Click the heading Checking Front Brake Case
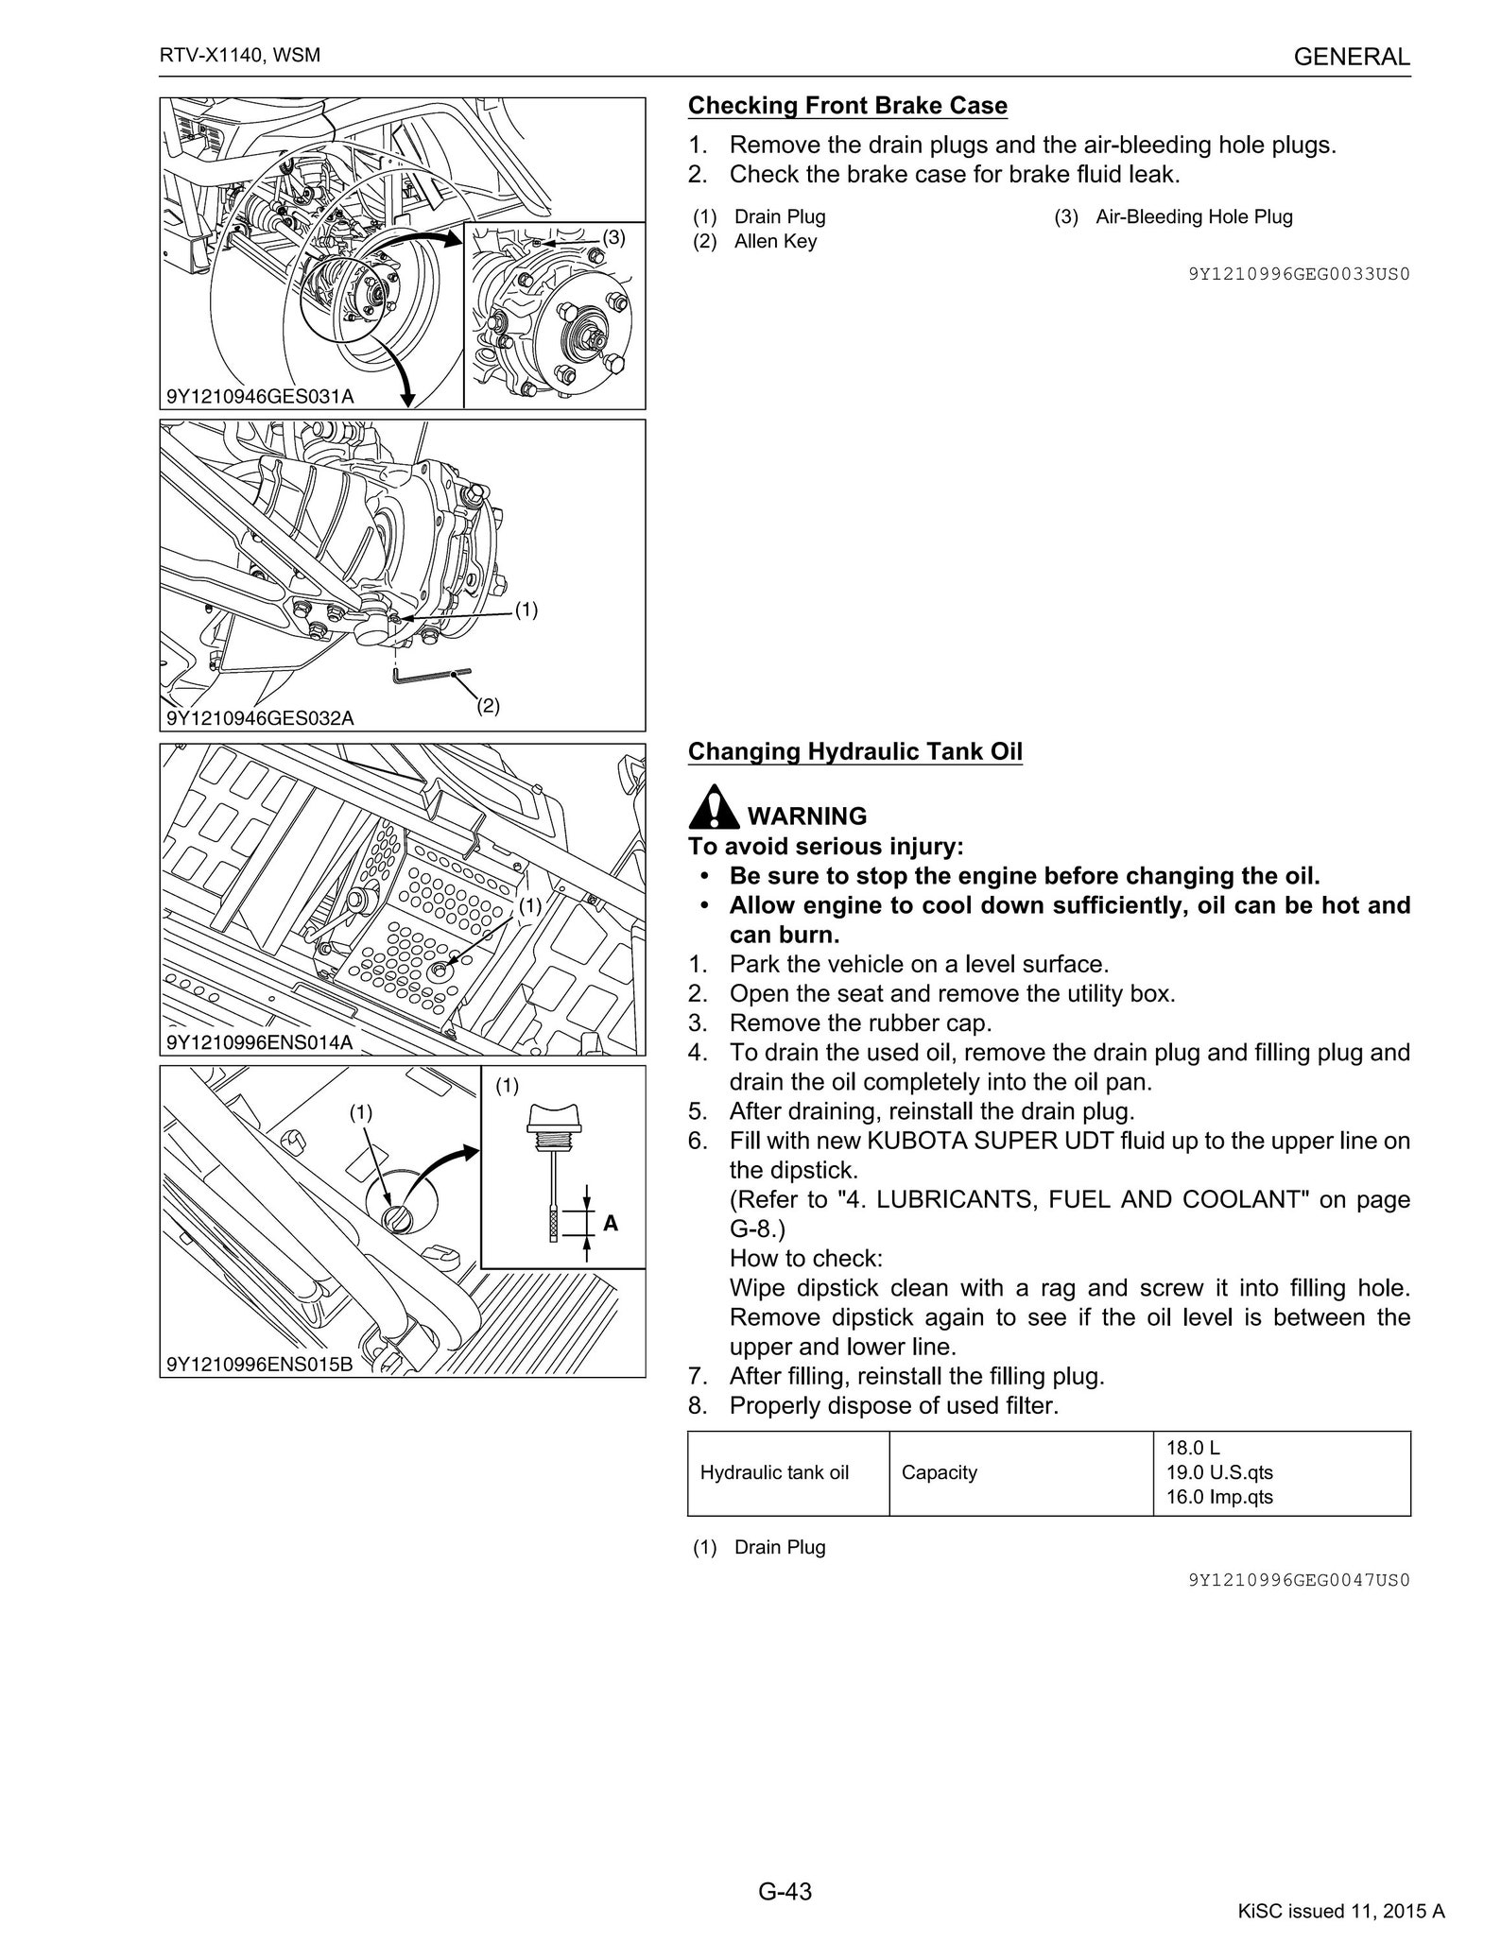point(847,106)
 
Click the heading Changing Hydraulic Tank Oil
point(854,751)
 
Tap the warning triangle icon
point(714,807)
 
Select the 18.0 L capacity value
point(1193,1448)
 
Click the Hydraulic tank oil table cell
point(774,1472)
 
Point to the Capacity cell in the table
point(939,1472)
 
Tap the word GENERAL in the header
point(1351,57)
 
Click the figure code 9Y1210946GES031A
point(260,396)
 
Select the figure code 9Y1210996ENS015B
point(260,1364)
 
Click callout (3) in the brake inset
point(614,237)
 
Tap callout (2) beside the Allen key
point(488,705)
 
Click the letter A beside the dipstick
point(611,1223)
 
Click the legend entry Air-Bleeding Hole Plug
point(1193,216)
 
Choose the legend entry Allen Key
point(774,241)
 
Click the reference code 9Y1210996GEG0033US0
point(1299,274)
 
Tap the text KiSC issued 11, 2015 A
point(1340,1911)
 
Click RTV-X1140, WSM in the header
point(240,55)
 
